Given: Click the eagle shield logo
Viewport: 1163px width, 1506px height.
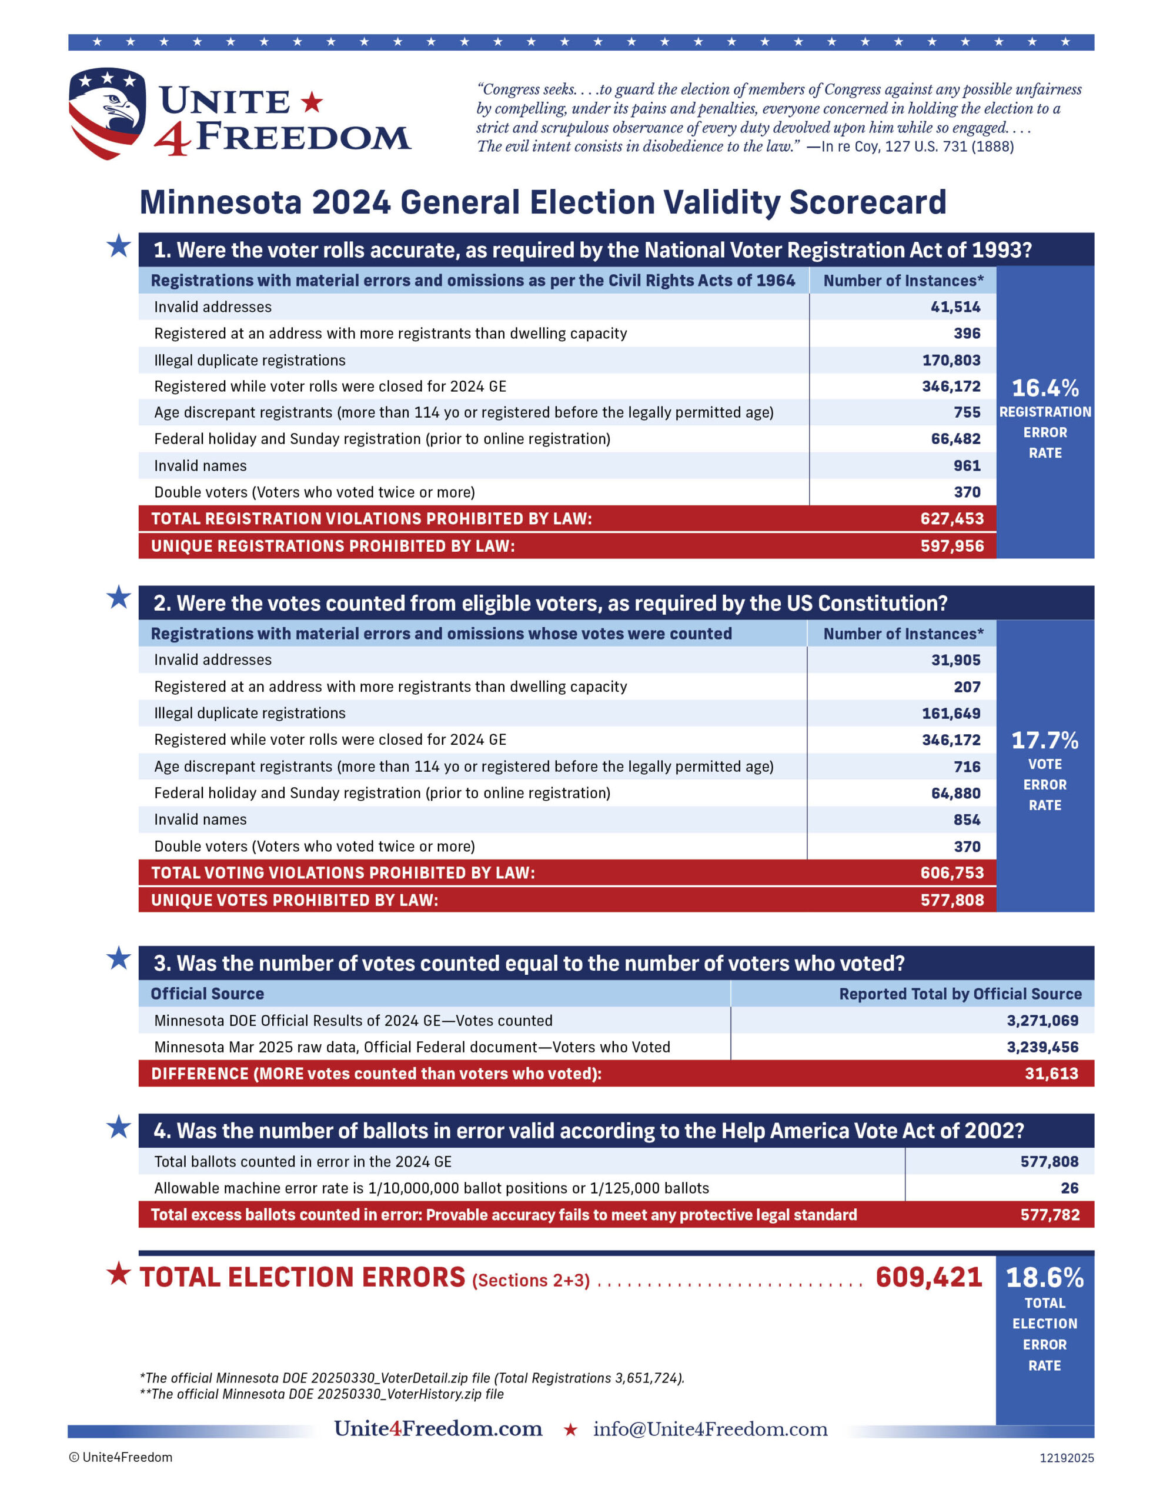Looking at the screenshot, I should point(107,112).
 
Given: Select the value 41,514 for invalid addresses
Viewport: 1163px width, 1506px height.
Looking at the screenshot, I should point(955,307).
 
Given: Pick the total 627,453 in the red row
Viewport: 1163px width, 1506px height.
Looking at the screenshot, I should point(951,518).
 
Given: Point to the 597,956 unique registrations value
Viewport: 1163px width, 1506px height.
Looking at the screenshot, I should point(951,546).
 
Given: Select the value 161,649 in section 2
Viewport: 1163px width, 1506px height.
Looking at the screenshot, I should point(951,713).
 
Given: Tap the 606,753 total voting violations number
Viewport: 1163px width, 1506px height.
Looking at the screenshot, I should point(951,872).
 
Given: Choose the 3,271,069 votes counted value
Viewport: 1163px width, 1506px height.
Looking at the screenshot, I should point(1042,1021).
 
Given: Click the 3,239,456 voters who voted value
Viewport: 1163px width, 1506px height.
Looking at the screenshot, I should point(1042,1047).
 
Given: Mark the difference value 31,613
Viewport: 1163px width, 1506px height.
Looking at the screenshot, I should point(1051,1074).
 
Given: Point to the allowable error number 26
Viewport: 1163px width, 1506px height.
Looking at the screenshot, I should point(1070,1188).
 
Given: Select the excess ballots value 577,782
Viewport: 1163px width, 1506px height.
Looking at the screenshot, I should point(1050,1215).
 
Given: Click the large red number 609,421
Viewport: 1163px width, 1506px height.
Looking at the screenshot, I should point(928,1278).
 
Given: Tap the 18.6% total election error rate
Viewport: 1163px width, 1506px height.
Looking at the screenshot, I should point(1044,1278).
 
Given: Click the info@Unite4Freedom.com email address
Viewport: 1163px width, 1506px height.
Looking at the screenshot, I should point(710,1429).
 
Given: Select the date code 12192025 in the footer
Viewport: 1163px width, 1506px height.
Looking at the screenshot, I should point(1067,1458).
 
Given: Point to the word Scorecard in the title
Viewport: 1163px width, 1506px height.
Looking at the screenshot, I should point(867,203).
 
